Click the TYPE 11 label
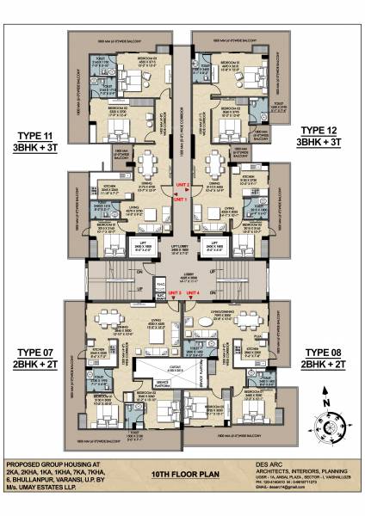tap(34, 136)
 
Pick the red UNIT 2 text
tap(182, 185)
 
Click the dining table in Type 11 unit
tap(148, 163)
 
